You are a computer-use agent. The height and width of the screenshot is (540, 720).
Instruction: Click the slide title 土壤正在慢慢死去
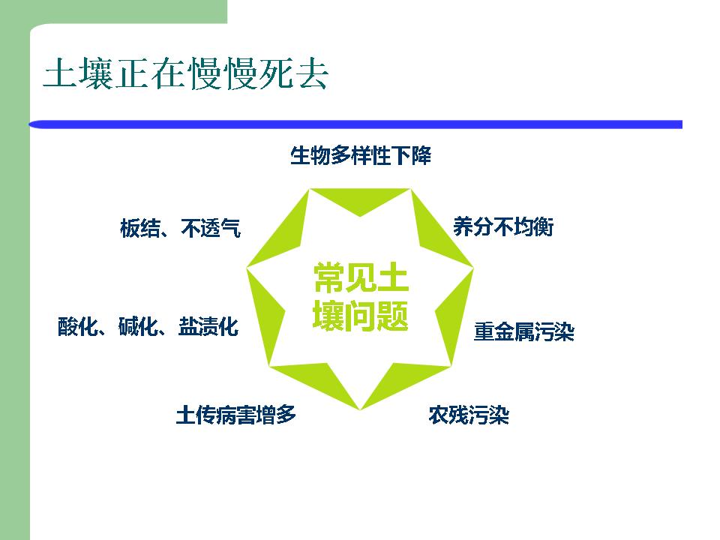click(x=185, y=73)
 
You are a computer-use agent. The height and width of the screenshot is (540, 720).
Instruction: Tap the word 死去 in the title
click(x=293, y=73)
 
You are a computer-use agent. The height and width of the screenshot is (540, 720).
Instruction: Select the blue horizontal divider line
click(x=355, y=124)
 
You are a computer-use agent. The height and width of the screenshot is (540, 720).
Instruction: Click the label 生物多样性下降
click(x=361, y=155)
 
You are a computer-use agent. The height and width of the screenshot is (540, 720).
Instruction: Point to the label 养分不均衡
click(x=503, y=226)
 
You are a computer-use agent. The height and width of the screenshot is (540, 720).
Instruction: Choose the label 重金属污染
click(x=524, y=331)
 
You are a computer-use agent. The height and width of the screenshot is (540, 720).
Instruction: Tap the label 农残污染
click(x=469, y=415)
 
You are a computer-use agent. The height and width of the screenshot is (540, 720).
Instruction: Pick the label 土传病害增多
click(x=236, y=415)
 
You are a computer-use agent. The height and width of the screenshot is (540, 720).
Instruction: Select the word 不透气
click(x=211, y=228)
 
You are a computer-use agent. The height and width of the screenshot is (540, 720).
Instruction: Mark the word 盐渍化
click(x=208, y=326)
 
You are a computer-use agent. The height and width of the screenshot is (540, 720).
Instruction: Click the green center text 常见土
click(x=361, y=277)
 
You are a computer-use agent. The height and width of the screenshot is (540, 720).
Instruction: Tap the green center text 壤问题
click(x=361, y=316)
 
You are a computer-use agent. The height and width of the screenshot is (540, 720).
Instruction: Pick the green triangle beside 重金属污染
click(x=454, y=316)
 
